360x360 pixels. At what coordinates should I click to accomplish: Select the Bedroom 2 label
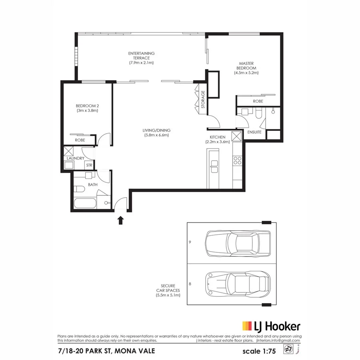click(x=87, y=108)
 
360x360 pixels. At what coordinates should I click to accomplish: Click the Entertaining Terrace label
click(x=141, y=58)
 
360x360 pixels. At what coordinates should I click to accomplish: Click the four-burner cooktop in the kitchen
click(x=237, y=160)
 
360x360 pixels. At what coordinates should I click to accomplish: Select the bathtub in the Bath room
click(x=85, y=204)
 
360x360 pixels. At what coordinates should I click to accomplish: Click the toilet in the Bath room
click(x=78, y=189)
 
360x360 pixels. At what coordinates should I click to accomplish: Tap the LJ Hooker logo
click(x=271, y=326)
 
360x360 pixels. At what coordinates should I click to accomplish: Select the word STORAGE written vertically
click(x=203, y=100)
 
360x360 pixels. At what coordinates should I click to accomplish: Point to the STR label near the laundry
click(x=88, y=165)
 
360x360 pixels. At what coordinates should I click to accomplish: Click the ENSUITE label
click(x=254, y=132)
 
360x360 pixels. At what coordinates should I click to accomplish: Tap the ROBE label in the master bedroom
click(x=258, y=102)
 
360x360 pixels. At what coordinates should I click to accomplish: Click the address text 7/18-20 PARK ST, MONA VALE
click(x=106, y=351)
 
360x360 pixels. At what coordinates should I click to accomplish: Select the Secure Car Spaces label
click(x=168, y=291)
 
